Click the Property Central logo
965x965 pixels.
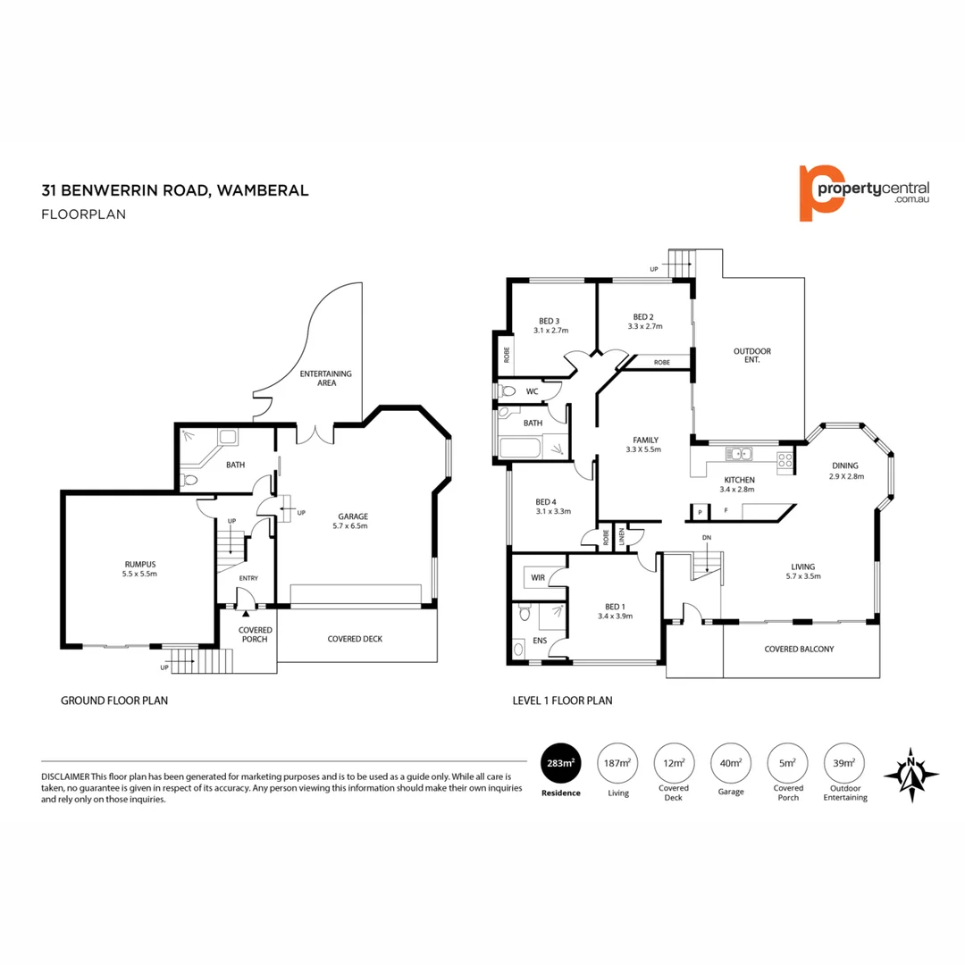tap(863, 192)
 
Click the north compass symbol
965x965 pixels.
tap(910, 773)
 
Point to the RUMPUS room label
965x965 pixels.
tap(140, 564)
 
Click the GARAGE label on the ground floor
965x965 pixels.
tap(352, 516)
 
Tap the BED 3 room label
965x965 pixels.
tap(549, 322)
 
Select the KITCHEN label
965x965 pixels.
tap(739, 480)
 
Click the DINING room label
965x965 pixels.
tap(844, 466)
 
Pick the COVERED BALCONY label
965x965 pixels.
tap(799, 650)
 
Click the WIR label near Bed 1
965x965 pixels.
tap(537, 578)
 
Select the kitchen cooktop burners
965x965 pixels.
tap(785, 460)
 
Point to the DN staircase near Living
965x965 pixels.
tap(708, 563)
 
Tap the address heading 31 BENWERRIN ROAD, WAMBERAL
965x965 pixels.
tap(175, 190)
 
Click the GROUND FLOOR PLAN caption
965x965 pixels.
tap(113, 701)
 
